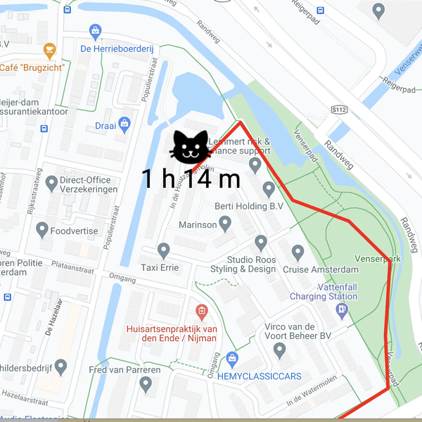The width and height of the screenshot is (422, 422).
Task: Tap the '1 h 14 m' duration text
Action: pyautogui.click(x=191, y=179)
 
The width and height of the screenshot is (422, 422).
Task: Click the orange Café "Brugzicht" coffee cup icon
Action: pyautogui.click(x=49, y=50)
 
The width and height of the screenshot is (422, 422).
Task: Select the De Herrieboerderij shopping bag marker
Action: pyautogui.click(x=96, y=32)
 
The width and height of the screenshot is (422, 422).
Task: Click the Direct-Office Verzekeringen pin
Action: pyautogui.click(x=51, y=184)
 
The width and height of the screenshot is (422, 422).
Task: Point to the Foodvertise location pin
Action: pyautogui.click(x=42, y=229)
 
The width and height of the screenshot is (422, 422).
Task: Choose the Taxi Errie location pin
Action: pyautogui.click(x=164, y=250)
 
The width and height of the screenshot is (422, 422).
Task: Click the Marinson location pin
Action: pyautogui.click(x=225, y=224)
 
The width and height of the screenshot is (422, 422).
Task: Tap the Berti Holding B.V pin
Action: pyautogui.click(x=268, y=188)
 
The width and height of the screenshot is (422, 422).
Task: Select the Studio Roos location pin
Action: pyautogui.click(x=261, y=243)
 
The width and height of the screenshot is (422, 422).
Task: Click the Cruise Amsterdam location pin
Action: pyautogui.click(x=298, y=252)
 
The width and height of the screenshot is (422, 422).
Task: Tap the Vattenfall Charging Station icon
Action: pyautogui.click(x=342, y=310)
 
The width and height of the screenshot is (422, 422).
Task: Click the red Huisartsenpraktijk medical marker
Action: pyautogui.click(x=201, y=310)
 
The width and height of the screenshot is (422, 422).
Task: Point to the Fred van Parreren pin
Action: pyautogui.click(x=146, y=384)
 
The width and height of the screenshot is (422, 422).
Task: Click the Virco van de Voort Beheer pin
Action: pyautogui.click(x=279, y=349)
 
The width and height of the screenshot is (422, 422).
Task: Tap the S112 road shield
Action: pyautogui.click(x=339, y=110)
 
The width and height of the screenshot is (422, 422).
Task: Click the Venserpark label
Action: pyautogui.click(x=378, y=259)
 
